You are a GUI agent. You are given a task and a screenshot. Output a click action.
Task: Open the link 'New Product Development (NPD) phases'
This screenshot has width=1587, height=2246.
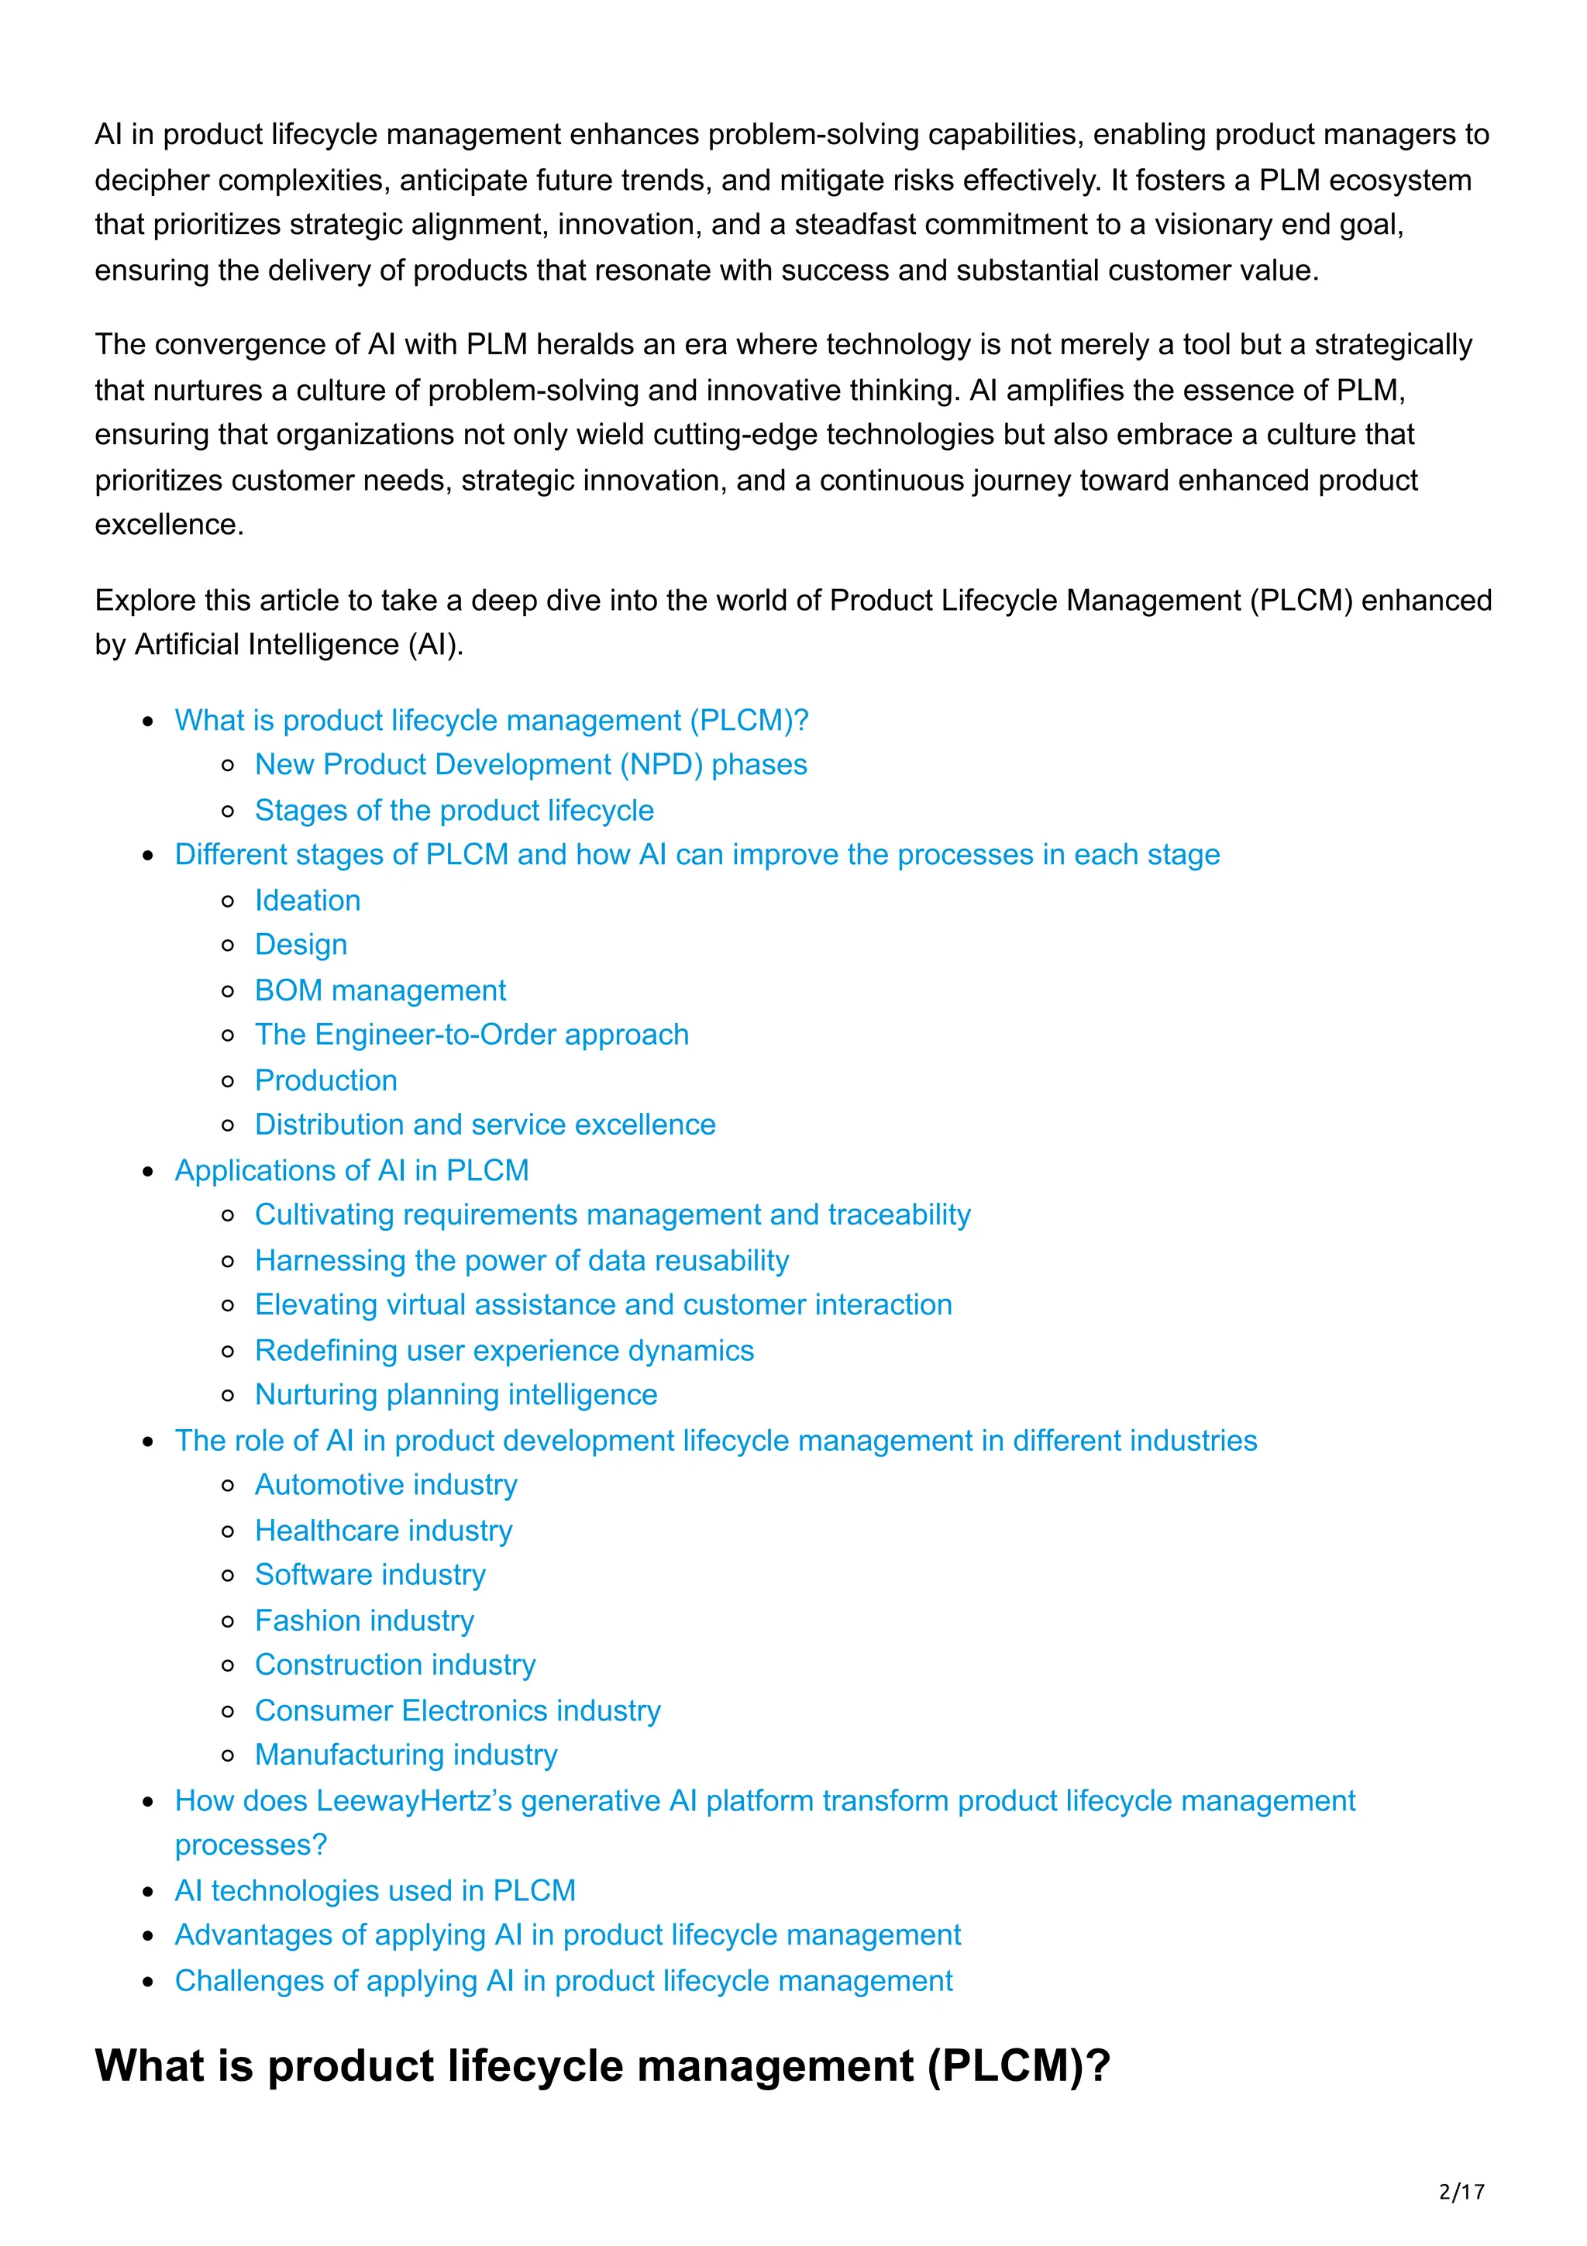coord(530,764)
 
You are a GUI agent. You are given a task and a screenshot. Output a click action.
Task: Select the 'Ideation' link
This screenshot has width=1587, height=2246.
coord(307,900)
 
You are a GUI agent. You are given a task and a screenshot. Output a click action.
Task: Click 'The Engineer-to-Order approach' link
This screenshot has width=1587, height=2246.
coord(471,1034)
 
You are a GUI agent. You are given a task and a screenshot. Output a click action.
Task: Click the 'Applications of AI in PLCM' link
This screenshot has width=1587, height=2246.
coord(351,1170)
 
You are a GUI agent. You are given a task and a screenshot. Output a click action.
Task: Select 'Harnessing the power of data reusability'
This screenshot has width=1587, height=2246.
coord(522,1260)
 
